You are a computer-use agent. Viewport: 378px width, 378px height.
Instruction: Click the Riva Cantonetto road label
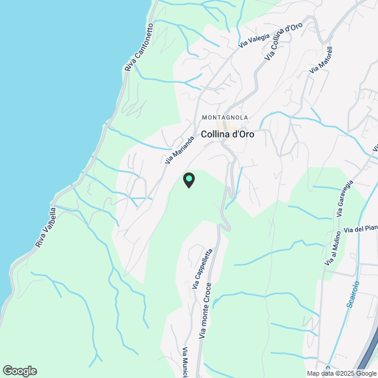[x=139, y=48]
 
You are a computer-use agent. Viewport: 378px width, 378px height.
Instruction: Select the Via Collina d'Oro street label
[x=285, y=40]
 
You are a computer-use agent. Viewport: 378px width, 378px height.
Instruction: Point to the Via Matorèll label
[x=318, y=62]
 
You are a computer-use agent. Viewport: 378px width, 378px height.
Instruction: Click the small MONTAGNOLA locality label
[x=224, y=118]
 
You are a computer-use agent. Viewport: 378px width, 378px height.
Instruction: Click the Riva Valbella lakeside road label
[x=45, y=227]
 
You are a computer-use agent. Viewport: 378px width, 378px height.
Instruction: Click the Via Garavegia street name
[x=348, y=198]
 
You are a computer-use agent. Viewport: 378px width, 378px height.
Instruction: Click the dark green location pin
[x=188, y=180]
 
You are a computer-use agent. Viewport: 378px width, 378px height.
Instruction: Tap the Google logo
[x=19, y=371]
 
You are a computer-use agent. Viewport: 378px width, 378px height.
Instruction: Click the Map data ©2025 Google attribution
[x=341, y=373]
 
